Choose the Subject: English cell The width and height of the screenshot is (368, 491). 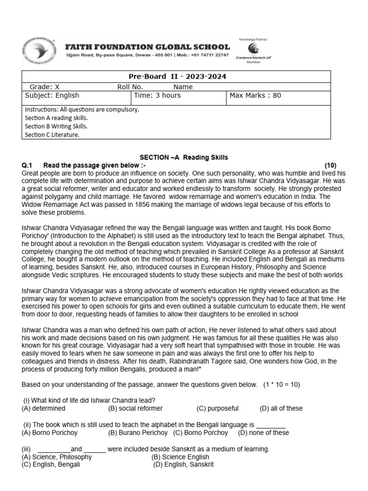point(52,95)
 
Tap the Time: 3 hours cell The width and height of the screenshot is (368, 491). point(158,95)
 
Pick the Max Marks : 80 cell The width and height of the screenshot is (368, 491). point(255,95)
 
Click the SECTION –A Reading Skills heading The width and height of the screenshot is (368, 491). point(184,157)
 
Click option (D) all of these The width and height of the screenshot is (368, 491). point(281,409)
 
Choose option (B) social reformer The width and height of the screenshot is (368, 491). point(136,409)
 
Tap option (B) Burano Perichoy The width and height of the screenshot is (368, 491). point(138,433)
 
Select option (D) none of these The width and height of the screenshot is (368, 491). point(264,433)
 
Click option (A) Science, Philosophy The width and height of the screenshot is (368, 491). point(57,457)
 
